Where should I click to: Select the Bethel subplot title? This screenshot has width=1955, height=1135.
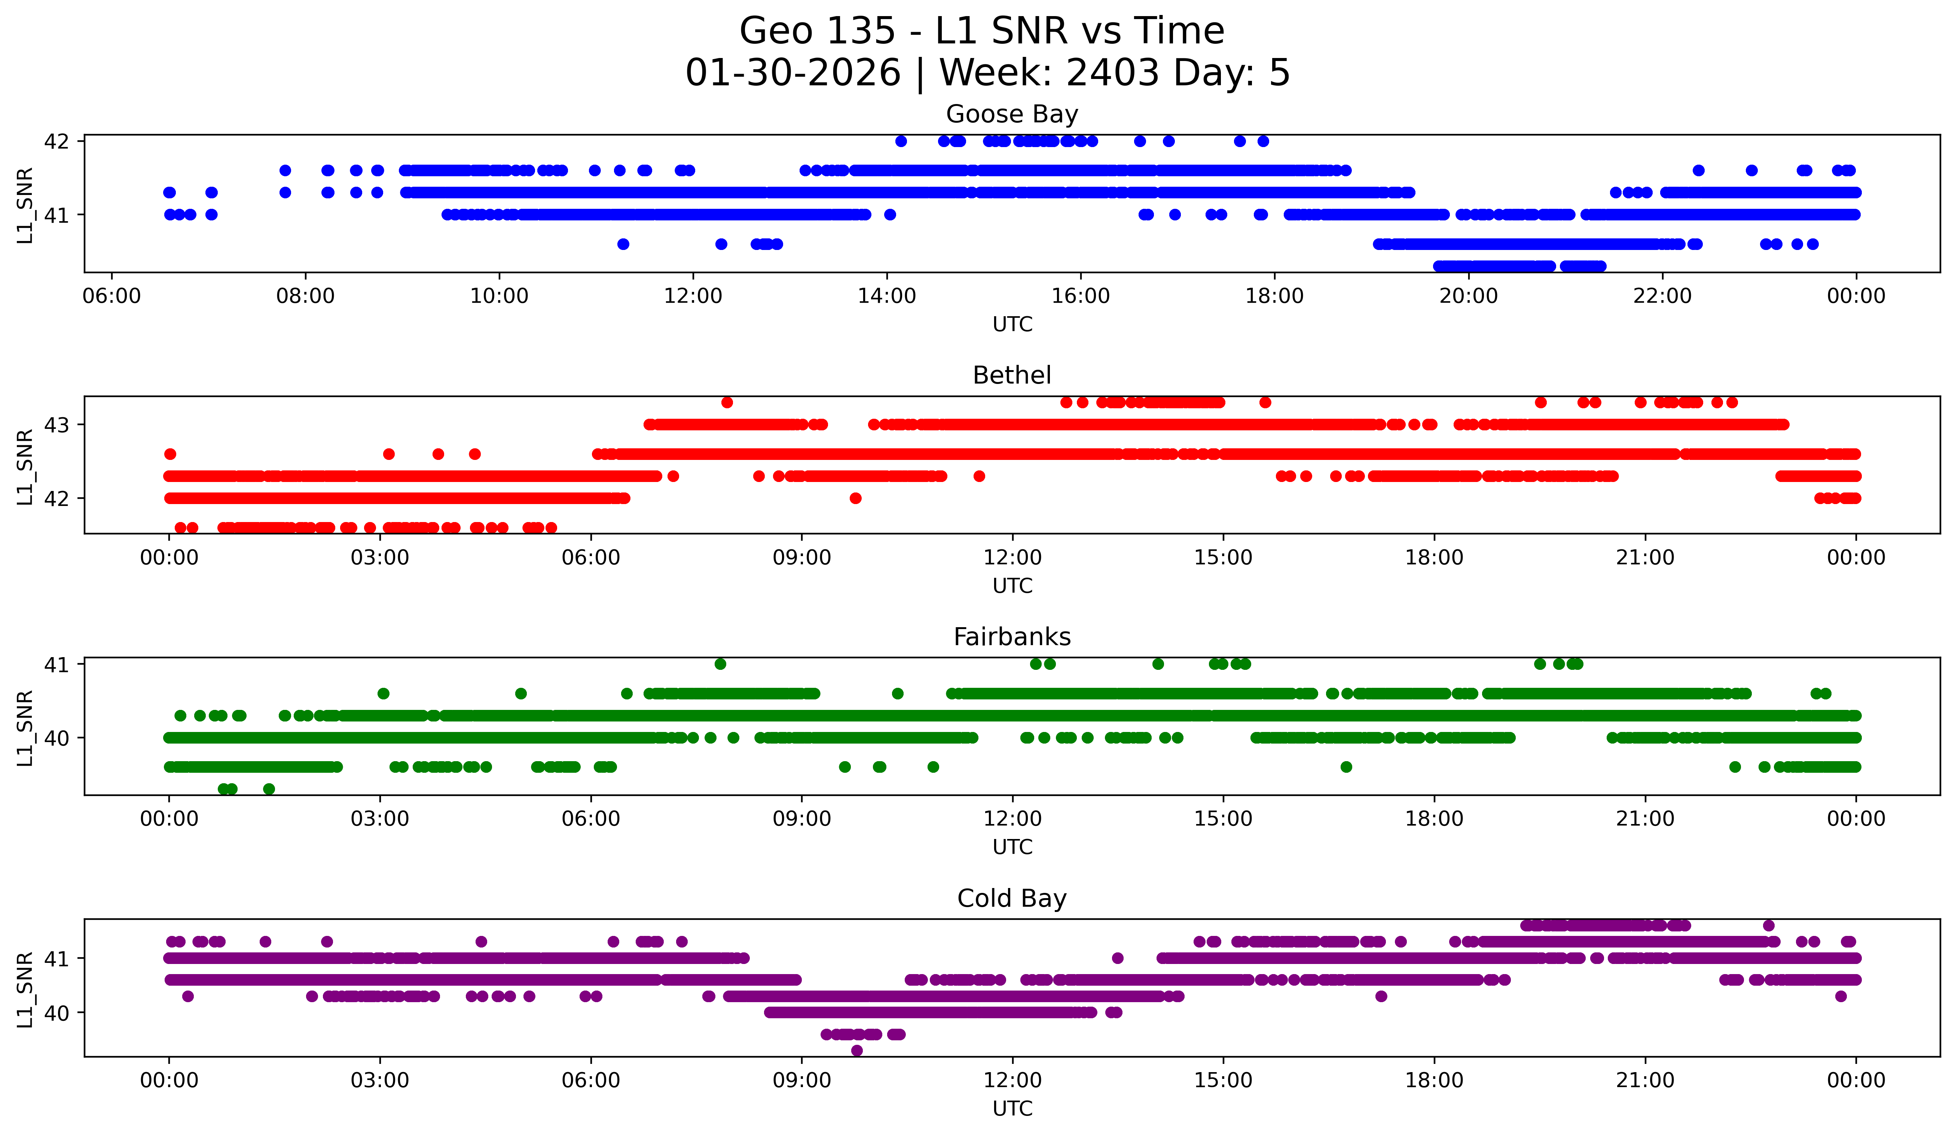tap(1012, 375)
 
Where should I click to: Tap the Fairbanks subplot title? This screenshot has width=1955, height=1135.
tap(1012, 637)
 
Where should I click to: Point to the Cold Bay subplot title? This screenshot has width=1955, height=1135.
tap(1012, 898)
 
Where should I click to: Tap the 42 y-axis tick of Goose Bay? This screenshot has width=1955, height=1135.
tap(56, 141)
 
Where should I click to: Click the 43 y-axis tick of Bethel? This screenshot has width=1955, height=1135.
tap(56, 425)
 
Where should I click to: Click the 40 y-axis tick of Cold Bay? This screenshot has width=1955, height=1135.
tap(56, 1013)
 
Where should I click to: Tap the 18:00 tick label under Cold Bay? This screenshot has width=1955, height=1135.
tap(1434, 1080)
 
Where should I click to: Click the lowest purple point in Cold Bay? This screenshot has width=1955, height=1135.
tap(856, 1050)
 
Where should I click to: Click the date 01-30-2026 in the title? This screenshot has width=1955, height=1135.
tap(793, 73)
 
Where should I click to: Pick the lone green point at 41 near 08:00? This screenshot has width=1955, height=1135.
tap(720, 664)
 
